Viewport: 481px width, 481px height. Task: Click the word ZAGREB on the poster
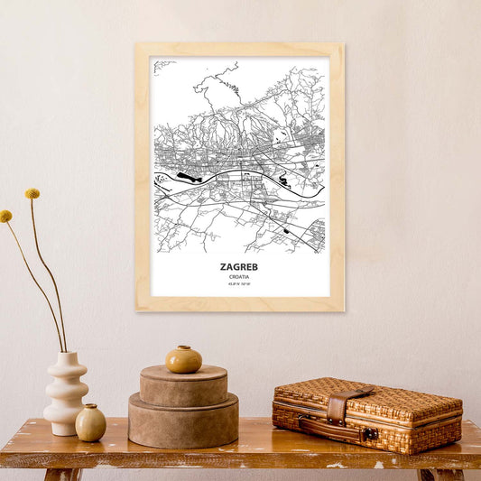tap(239, 267)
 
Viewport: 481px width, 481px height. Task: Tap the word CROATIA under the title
tap(239, 277)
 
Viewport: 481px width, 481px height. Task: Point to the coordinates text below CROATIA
tap(239, 286)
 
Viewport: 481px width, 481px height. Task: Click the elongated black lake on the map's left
tap(189, 177)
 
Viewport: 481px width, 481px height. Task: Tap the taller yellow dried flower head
tap(32, 193)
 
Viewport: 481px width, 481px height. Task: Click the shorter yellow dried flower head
tap(6, 216)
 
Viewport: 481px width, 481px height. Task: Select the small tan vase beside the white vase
tap(90, 422)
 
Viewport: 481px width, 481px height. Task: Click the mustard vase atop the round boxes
tap(183, 359)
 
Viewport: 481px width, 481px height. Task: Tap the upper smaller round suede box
tap(183, 386)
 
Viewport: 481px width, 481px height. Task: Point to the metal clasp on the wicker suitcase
tap(369, 434)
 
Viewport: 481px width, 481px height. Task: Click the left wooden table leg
tap(63, 474)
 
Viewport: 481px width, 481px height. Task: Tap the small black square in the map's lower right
tap(287, 232)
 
